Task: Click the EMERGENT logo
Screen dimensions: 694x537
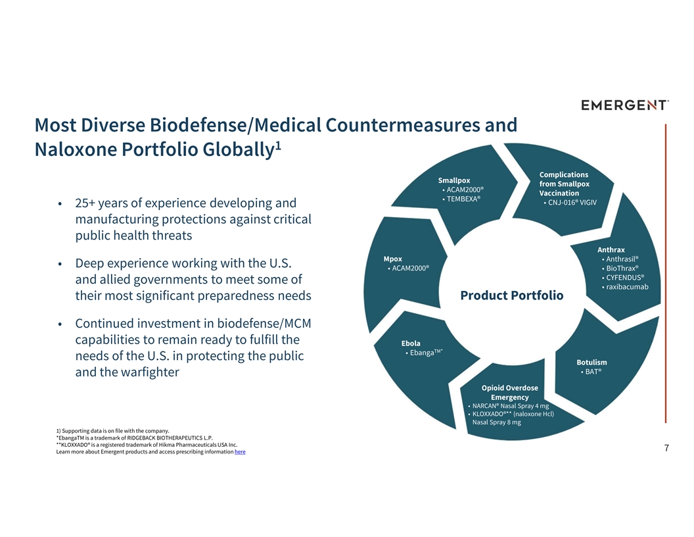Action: [624, 105]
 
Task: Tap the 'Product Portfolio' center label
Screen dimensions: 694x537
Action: [512, 295]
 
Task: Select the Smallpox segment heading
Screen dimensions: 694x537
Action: [454, 180]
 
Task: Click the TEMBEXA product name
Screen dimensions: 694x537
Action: [463, 199]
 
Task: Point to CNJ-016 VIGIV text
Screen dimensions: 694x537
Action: [572, 203]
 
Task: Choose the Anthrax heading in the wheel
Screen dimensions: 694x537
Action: [611, 250]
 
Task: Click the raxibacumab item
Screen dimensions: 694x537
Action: [627, 287]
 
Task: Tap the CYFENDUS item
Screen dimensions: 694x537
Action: [625, 278]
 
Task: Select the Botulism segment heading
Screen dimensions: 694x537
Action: [591, 363]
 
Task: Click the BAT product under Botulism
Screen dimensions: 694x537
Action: [593, 372]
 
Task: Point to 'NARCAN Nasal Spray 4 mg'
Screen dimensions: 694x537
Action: [511, 406]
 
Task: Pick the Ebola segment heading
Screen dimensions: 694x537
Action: [411, 344]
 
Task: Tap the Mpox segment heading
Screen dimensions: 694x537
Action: [393, 259]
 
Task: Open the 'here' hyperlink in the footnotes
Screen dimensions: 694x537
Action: [240, 452]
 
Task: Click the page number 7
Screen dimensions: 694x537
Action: [666, 448]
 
